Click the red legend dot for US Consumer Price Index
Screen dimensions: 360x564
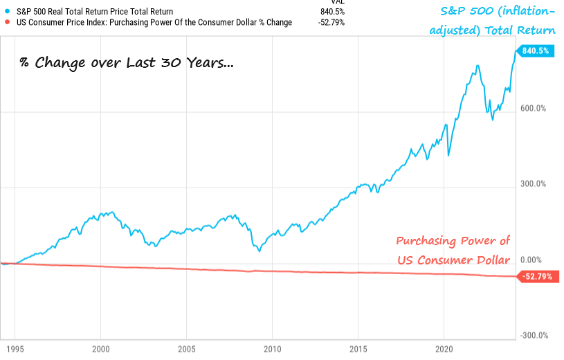coord(6,22)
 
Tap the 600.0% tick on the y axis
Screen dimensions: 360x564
coord(534,109)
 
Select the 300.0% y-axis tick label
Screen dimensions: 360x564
coord(534,184)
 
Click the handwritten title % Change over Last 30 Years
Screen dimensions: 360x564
coord(127,64)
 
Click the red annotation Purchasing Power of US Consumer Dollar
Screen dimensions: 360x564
coord(453,250)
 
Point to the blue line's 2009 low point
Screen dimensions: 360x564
coord(259,251)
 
